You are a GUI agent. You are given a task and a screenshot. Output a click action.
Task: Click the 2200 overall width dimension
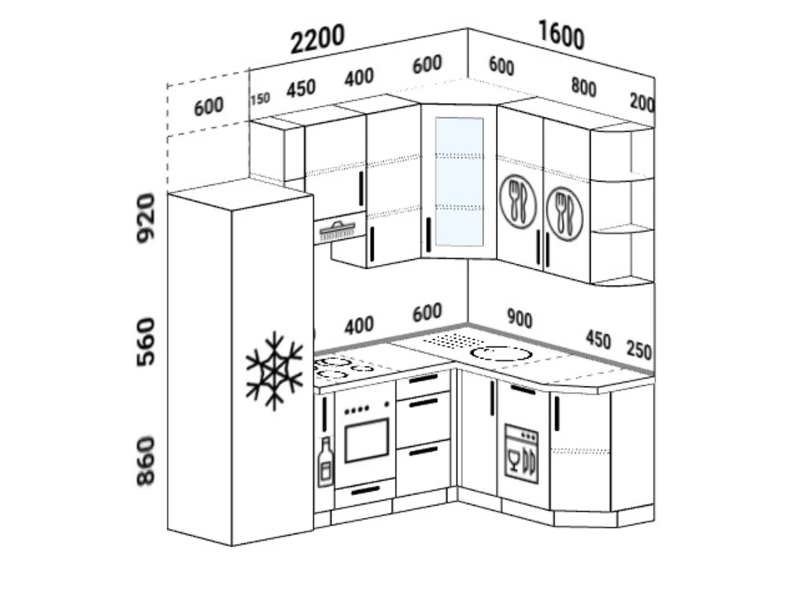tap(318, 39)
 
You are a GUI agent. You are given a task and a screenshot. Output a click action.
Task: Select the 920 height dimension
tap(145, 218)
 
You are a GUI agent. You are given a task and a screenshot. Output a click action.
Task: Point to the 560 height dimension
tap(145, 341)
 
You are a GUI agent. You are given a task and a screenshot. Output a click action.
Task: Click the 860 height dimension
tap(145, 462)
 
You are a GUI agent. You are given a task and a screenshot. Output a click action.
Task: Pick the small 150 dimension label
tap(260, 99)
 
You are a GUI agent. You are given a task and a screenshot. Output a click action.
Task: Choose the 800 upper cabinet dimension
tap(584, 87)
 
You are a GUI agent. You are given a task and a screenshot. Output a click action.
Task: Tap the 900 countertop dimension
tap(520, 318)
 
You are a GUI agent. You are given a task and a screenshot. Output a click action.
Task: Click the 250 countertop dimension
tap(638, 350)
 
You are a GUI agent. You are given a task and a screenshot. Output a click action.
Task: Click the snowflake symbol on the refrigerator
tap(274, 370)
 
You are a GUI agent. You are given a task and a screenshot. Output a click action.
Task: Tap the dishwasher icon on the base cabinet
tap(521, 453)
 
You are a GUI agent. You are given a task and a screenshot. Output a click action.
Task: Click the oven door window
tap(367, 440)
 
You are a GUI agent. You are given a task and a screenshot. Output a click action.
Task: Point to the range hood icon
tap(337, 231)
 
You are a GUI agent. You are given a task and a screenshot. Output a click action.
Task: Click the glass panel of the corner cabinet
tap(459, 182)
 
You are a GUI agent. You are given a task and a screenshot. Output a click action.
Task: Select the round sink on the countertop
tap(500, 354)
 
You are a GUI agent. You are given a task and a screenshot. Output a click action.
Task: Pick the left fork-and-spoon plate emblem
tap(518, 202)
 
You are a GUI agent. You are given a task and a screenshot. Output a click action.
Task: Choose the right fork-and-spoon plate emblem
tap(564, 213)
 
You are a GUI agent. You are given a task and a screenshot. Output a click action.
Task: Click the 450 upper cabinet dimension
tap(301, 89)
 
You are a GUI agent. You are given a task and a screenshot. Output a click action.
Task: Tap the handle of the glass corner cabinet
tap(429, 235)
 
